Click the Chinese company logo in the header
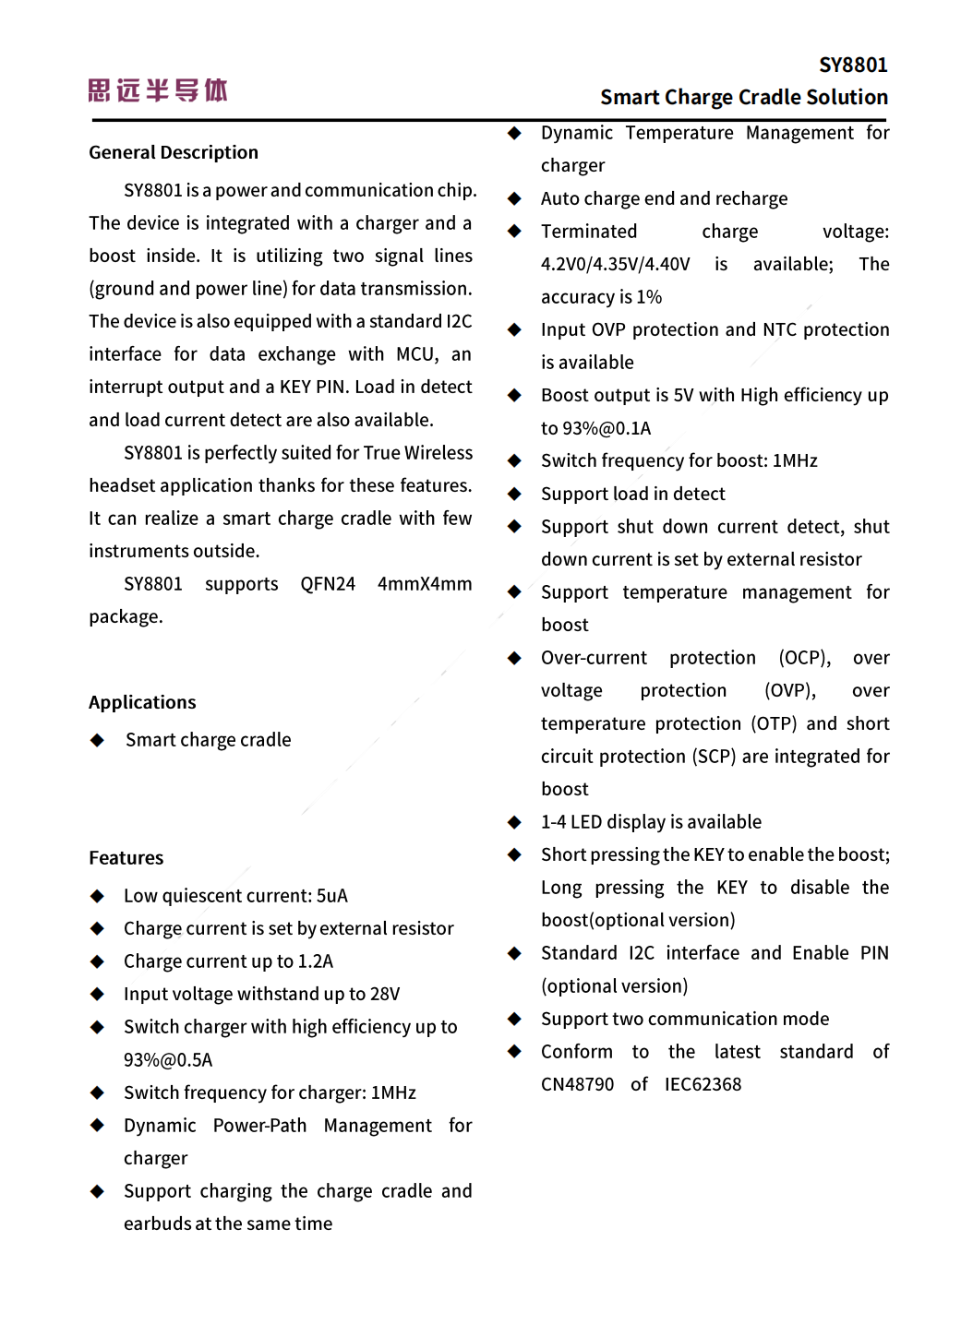click(x=158, y=90)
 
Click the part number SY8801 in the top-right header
click(x=853, y=65)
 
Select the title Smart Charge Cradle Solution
click(x=743, y=97)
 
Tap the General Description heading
click(x=174, y=152)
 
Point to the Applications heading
click(x=142, y=702)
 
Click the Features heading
click(x=126, y=858)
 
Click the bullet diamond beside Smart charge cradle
click(x=97, y=740)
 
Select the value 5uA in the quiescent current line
click(x=332, y=896)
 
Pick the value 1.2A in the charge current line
click(x=316, y=961)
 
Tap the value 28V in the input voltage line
click(x=385, y=994)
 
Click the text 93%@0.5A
click(x=168, y=1060)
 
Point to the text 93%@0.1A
click(x=596, y=428)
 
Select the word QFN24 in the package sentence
click(x=328, y=584)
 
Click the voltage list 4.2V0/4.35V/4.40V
click(x=615, y=265)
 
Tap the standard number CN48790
click(x=577, y=1084)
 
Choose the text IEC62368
click(x=703, y=1084)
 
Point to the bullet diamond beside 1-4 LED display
click(x=514, y=822)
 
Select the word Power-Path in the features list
click(x=259, y=1126)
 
